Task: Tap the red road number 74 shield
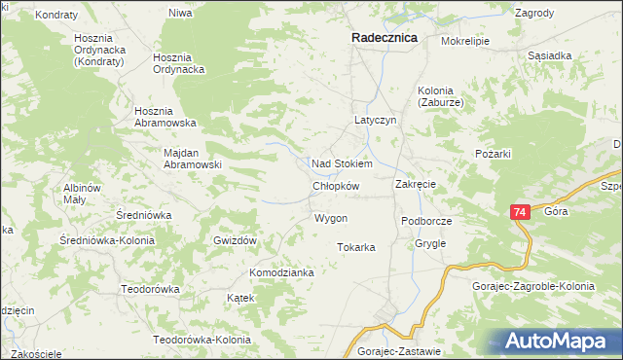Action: pyautogui.click(x=520, y=212)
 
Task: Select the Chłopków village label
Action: pyautogui.click(x=337, y=186)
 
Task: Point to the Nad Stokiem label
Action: pyautogui.click(x=342, y=163)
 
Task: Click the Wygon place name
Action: pyautogui.click(x=331, y=218)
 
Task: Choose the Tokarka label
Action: pyautogui.click(x=356, y=247)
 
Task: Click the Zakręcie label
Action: pyautogui.click(x=415, y=184)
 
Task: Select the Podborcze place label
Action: pyautogui.click(x=427, y=222)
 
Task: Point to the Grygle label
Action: pyautogui.click(x=430, y=243)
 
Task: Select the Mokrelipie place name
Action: pyautogui.click(x=465, y=42)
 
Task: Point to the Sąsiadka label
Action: pyautogui.click(x=549, y=55)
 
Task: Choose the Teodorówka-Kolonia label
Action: pyautogui.click(x=202, y=340)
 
